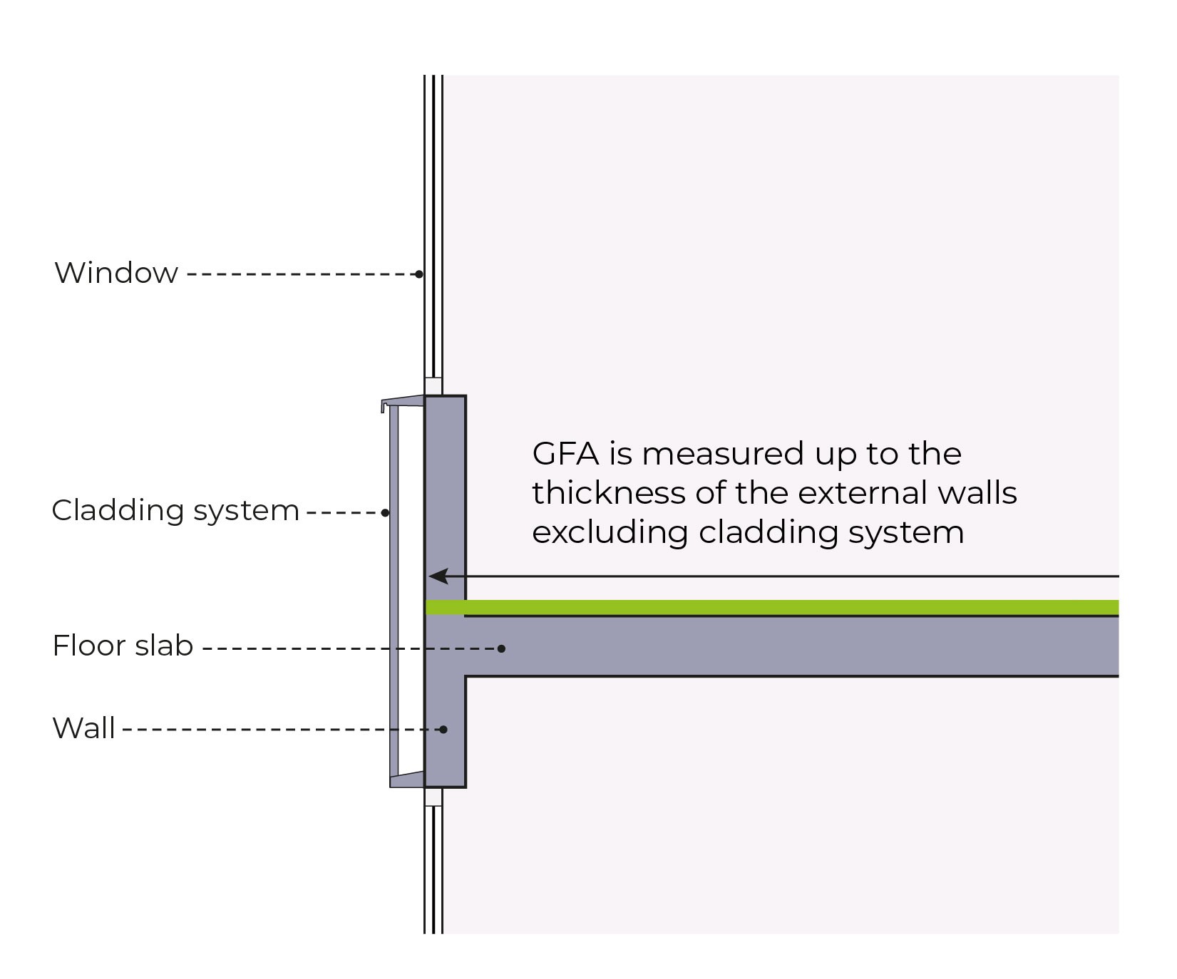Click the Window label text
tap(116, 273)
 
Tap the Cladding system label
tap(175, 511)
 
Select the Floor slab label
tap(123, 646)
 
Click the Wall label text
tap(84, 728)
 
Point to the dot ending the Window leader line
tap(419, 274)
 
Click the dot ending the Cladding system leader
tap(386, 512)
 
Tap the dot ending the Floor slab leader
tap(502, 648)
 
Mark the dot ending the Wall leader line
tap(443, 729)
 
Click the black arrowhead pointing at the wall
tap(438, 576)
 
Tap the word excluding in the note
tap(610, 532)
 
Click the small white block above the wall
tap(433, 386)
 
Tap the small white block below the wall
tap(433, 797)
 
